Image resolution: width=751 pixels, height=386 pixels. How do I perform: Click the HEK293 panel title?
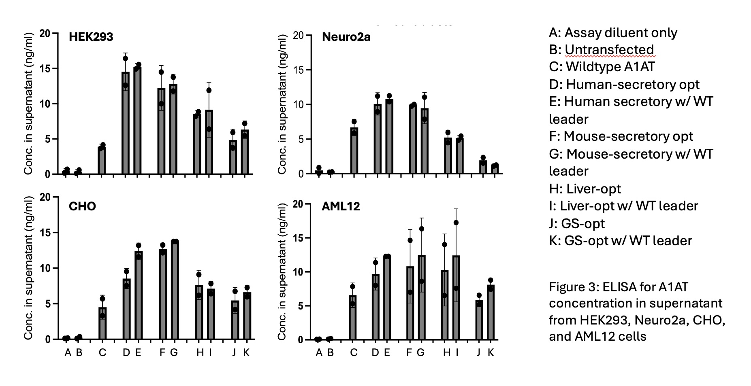91,37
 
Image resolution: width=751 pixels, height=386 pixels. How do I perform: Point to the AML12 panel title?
341,206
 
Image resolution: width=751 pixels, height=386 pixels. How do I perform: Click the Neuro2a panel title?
346,37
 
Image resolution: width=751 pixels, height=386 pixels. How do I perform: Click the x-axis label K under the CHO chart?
246,352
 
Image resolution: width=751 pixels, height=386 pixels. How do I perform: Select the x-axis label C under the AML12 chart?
354,352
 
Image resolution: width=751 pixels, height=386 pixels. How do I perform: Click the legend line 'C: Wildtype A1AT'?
602,66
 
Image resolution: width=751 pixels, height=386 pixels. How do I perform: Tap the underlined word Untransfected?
609,49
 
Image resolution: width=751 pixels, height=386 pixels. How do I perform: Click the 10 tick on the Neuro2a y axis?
298,104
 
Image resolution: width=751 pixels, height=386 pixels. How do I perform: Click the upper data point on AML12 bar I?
456,223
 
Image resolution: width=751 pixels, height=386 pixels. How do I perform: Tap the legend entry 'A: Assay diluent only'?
612,32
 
